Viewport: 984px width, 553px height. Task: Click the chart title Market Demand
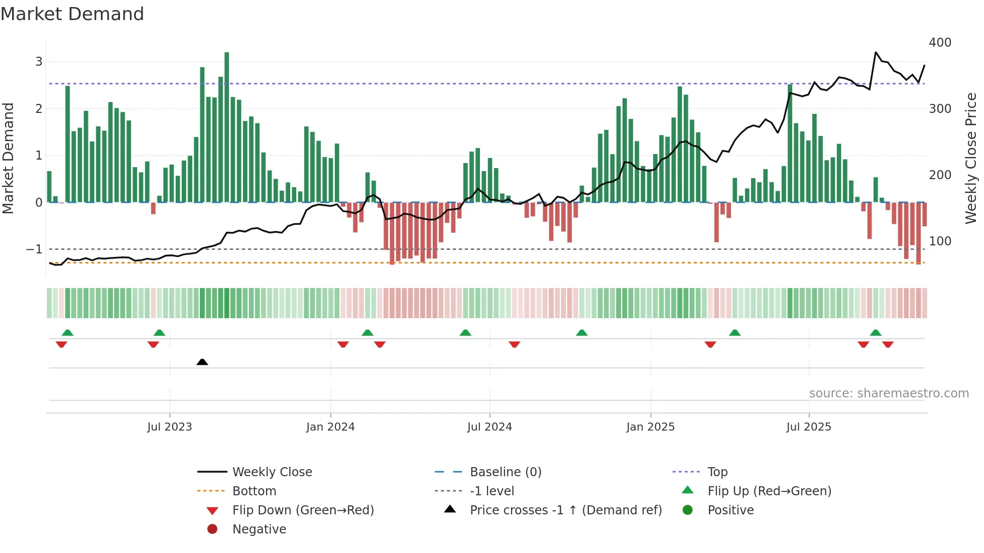72,14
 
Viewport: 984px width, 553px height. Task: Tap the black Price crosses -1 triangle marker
202,362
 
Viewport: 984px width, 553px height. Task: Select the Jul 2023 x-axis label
170,427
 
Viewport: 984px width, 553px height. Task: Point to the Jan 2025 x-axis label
650,427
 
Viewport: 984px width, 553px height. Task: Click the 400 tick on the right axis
940,43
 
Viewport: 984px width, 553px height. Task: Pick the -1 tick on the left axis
34,249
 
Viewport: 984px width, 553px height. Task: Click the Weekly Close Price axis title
971,158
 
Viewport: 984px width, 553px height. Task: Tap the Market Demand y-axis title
8,158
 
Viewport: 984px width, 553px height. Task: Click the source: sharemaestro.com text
889,393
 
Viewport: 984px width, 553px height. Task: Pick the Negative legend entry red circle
212,529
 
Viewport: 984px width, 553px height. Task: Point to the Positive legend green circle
688,510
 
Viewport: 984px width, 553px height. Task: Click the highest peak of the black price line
876,52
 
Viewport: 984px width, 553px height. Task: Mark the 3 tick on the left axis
39,62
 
